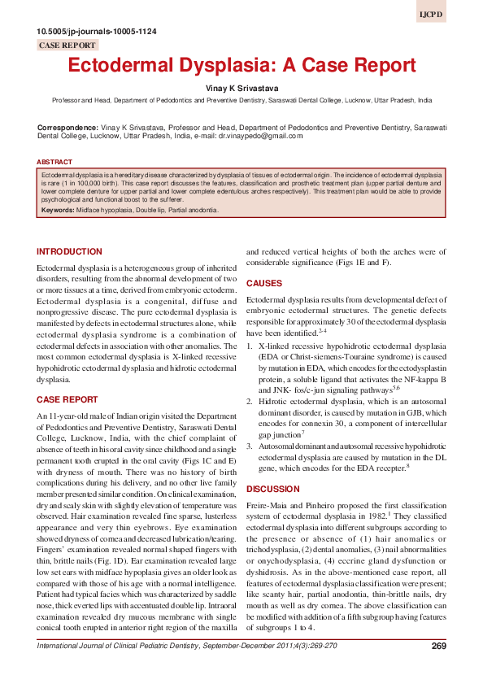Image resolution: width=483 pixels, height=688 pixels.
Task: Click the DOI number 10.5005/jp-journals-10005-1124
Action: tap(98, 32)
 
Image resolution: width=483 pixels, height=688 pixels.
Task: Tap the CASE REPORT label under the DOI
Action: tap(67, 46)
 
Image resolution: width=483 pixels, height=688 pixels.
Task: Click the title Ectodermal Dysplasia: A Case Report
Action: tap(241, 67)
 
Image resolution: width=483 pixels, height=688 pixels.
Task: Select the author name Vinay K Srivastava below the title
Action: tap(241, 87)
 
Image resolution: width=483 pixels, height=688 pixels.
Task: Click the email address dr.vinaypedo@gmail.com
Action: tap(260, 137)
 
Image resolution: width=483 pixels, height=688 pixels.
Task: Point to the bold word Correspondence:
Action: tap(67, 128)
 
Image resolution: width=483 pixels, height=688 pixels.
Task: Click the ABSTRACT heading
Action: tap(54, 162)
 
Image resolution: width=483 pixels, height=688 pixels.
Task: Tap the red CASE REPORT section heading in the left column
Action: tap(68, 399)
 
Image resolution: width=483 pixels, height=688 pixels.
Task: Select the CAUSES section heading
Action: tap(264, 284)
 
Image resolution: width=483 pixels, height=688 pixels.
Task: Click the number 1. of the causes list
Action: tap(250, 345)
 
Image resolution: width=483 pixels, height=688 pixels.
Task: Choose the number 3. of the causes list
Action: tap(250, 447)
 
